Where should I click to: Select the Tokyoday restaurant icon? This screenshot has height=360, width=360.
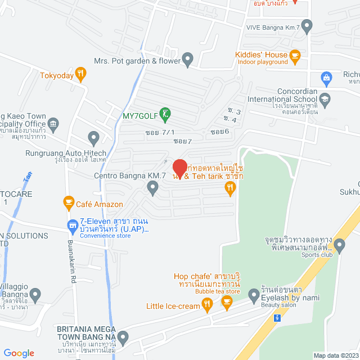(81, 73)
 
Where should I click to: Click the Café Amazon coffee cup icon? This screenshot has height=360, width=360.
(69, 201)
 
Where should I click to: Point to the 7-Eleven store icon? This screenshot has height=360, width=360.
(72, 227)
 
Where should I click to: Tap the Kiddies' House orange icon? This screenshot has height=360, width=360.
(295, 55)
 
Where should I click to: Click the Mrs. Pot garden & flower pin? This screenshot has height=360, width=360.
(188, 59)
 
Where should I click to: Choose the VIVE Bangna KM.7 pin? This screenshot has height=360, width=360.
(307, 25)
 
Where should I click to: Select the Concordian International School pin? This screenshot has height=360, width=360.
(325, 100)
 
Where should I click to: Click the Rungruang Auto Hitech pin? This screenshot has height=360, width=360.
(94, 137)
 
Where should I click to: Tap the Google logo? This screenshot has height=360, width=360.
(19, 353)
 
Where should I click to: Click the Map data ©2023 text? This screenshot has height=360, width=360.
(335, 355)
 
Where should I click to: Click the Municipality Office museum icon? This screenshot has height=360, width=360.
(53, 123)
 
